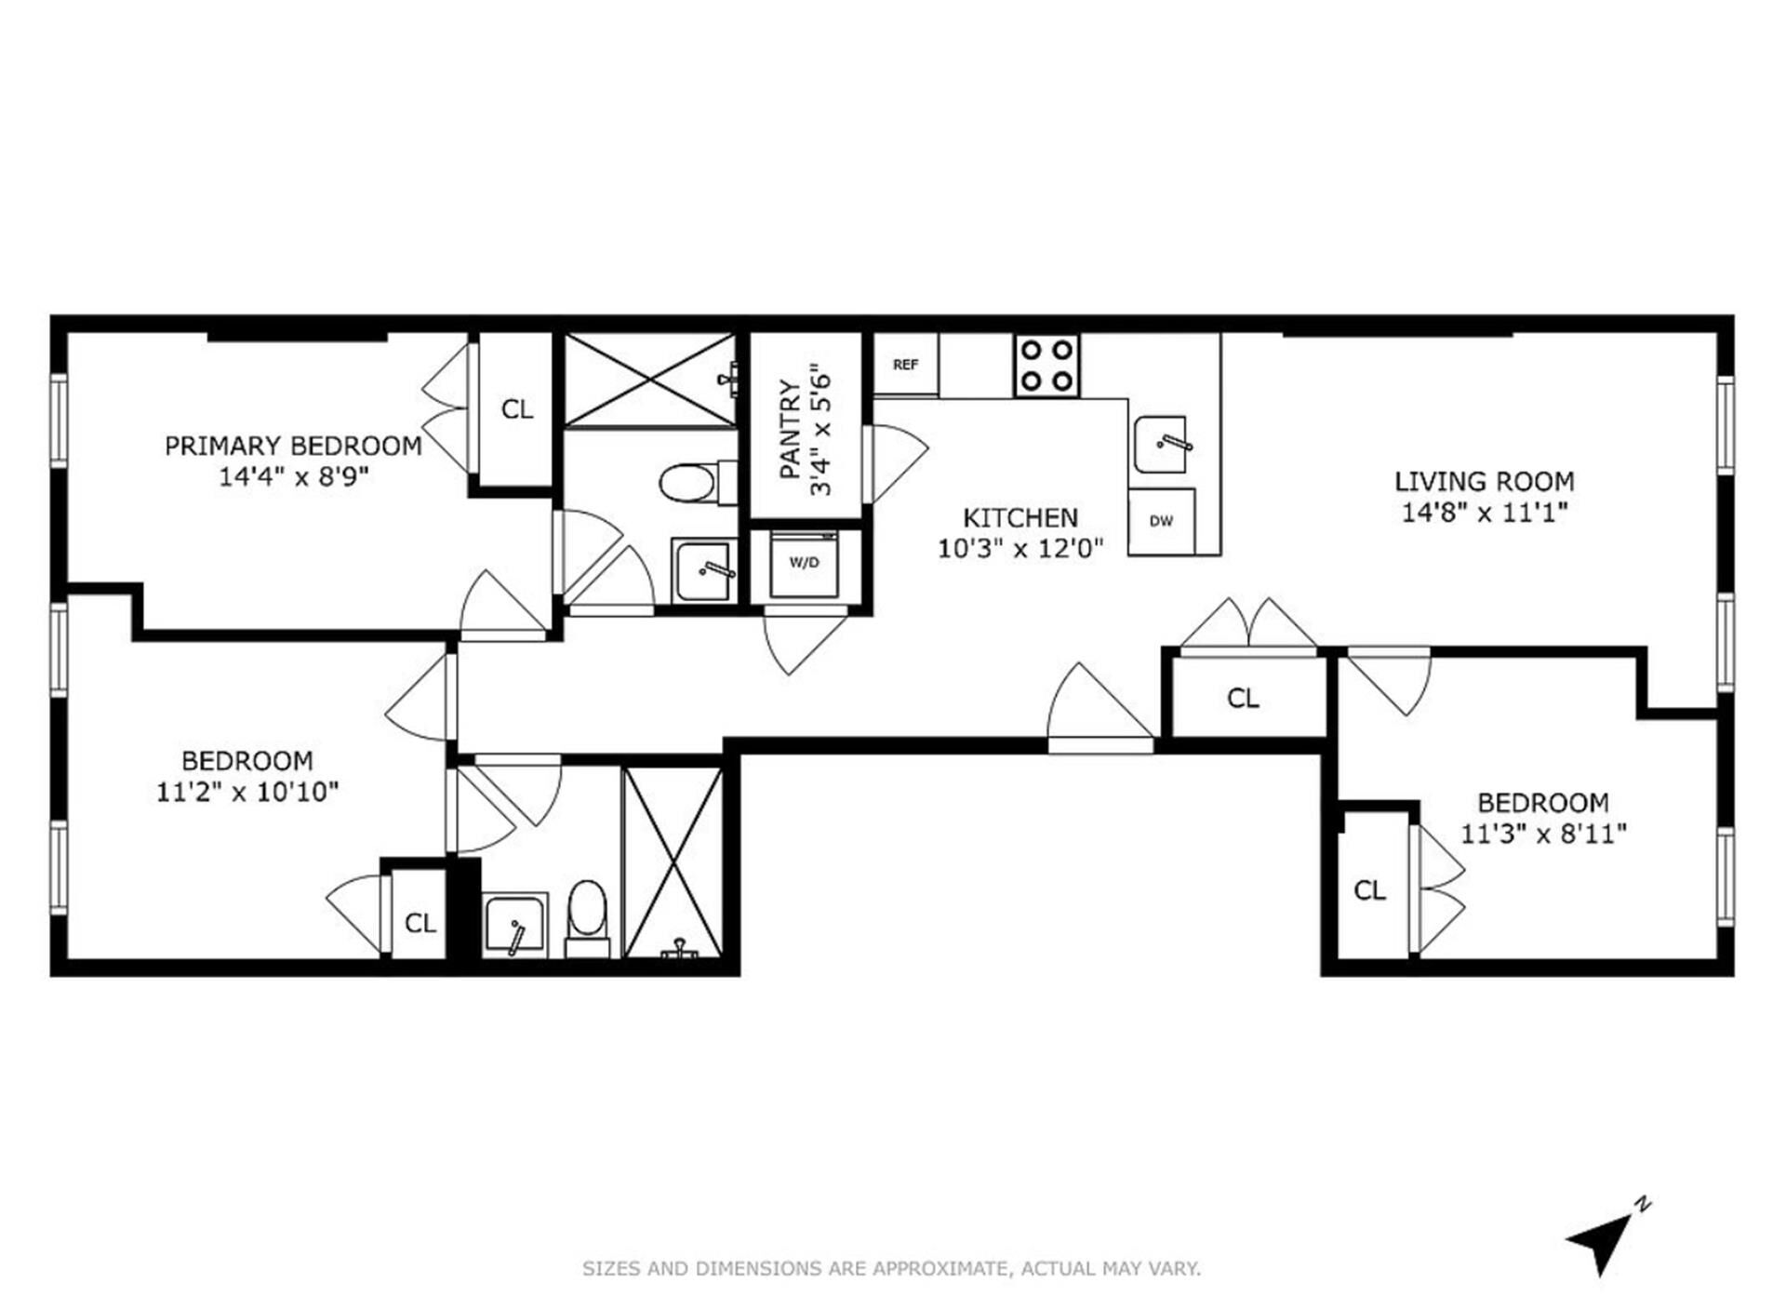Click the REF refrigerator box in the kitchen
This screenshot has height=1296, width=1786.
point(905,364)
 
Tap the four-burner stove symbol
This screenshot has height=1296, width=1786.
point(1046,366)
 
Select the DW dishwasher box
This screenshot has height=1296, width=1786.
point(1161,521)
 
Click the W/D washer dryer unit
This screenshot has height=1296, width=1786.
point(804,563)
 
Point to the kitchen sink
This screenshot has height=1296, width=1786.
point(1162,445)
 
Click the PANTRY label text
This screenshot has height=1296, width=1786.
point(790,429)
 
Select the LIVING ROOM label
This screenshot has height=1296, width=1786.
point(1484,481)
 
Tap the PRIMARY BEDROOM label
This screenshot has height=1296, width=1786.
point(293,446)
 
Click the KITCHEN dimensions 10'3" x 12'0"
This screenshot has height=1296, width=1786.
point(1020,548)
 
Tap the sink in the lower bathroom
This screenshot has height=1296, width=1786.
point(514,925)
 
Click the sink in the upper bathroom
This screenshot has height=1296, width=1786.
point(704,569)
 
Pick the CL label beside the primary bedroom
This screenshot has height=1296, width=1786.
point(517,409)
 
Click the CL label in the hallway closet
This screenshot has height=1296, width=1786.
point(1243,698)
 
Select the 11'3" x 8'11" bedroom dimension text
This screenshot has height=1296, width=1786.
point(1543,833)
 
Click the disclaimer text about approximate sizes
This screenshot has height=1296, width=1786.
point(891,1268)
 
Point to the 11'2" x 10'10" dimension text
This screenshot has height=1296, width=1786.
point(247,792)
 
